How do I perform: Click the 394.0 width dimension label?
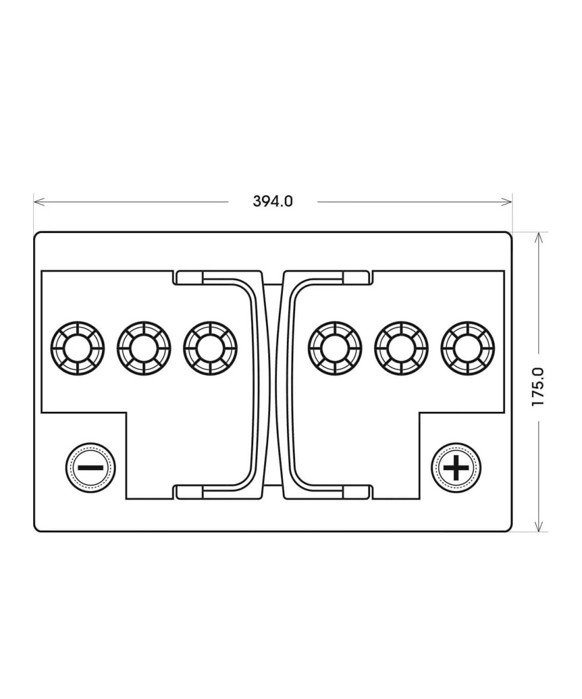272,201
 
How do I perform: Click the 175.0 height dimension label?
538,387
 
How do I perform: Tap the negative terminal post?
90,468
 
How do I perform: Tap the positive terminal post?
456,468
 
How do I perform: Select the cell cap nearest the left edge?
77,348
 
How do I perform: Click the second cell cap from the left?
144,348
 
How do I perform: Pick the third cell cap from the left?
210,348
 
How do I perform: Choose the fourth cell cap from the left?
335,348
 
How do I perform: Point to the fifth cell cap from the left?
401,348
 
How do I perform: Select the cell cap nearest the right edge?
467,348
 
